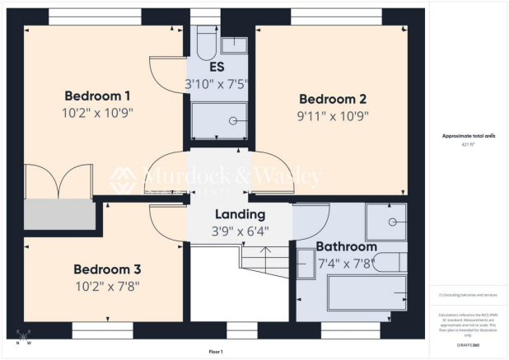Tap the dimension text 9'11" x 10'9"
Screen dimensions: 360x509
click(334, 116)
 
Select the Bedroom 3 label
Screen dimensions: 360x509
click(107, 269)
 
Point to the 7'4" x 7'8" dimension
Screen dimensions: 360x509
click(346, 264)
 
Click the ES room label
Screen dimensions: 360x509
click(217, 67)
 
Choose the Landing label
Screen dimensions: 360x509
click(240, 214)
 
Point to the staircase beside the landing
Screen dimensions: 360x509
click(265, 261)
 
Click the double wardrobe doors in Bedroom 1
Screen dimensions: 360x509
click(57, 180)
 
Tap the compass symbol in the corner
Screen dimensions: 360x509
click(22, 336)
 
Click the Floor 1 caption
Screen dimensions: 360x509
click(216, 352)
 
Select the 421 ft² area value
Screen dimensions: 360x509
click(469, 143)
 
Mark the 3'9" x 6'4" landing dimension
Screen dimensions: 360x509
click(240, 231)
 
